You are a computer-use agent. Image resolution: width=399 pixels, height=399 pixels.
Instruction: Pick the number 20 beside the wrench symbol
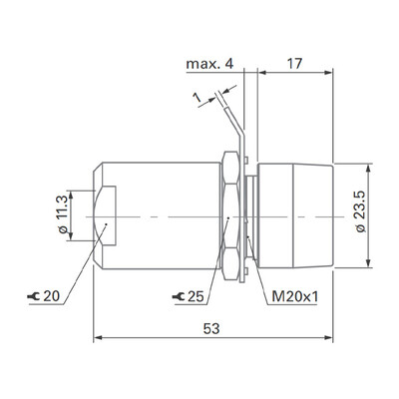click(52, 296)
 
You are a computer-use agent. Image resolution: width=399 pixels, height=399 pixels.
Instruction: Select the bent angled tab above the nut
click(236, 129)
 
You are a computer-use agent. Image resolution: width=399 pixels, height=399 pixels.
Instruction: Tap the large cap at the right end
click(296, 214)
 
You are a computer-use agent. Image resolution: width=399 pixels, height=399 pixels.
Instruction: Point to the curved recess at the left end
click(108, 214)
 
